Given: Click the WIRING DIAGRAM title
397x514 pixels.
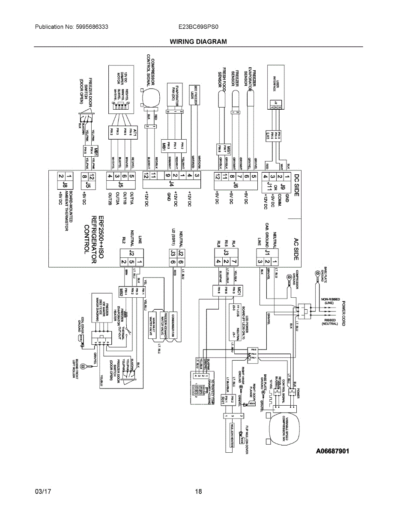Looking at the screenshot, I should point(198,42).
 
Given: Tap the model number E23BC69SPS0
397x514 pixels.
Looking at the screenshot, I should point(198,27).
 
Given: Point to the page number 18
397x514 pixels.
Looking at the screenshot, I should point(198,491).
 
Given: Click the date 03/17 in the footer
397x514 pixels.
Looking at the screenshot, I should point(43,491).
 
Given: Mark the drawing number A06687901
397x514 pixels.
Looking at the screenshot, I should point(333,451).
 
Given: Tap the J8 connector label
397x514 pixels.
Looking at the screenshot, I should point(66,185).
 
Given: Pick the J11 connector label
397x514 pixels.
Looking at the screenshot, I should point(269,185).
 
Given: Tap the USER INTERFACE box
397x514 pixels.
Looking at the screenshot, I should point(276,86).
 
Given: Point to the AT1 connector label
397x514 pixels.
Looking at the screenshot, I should point(134,132).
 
